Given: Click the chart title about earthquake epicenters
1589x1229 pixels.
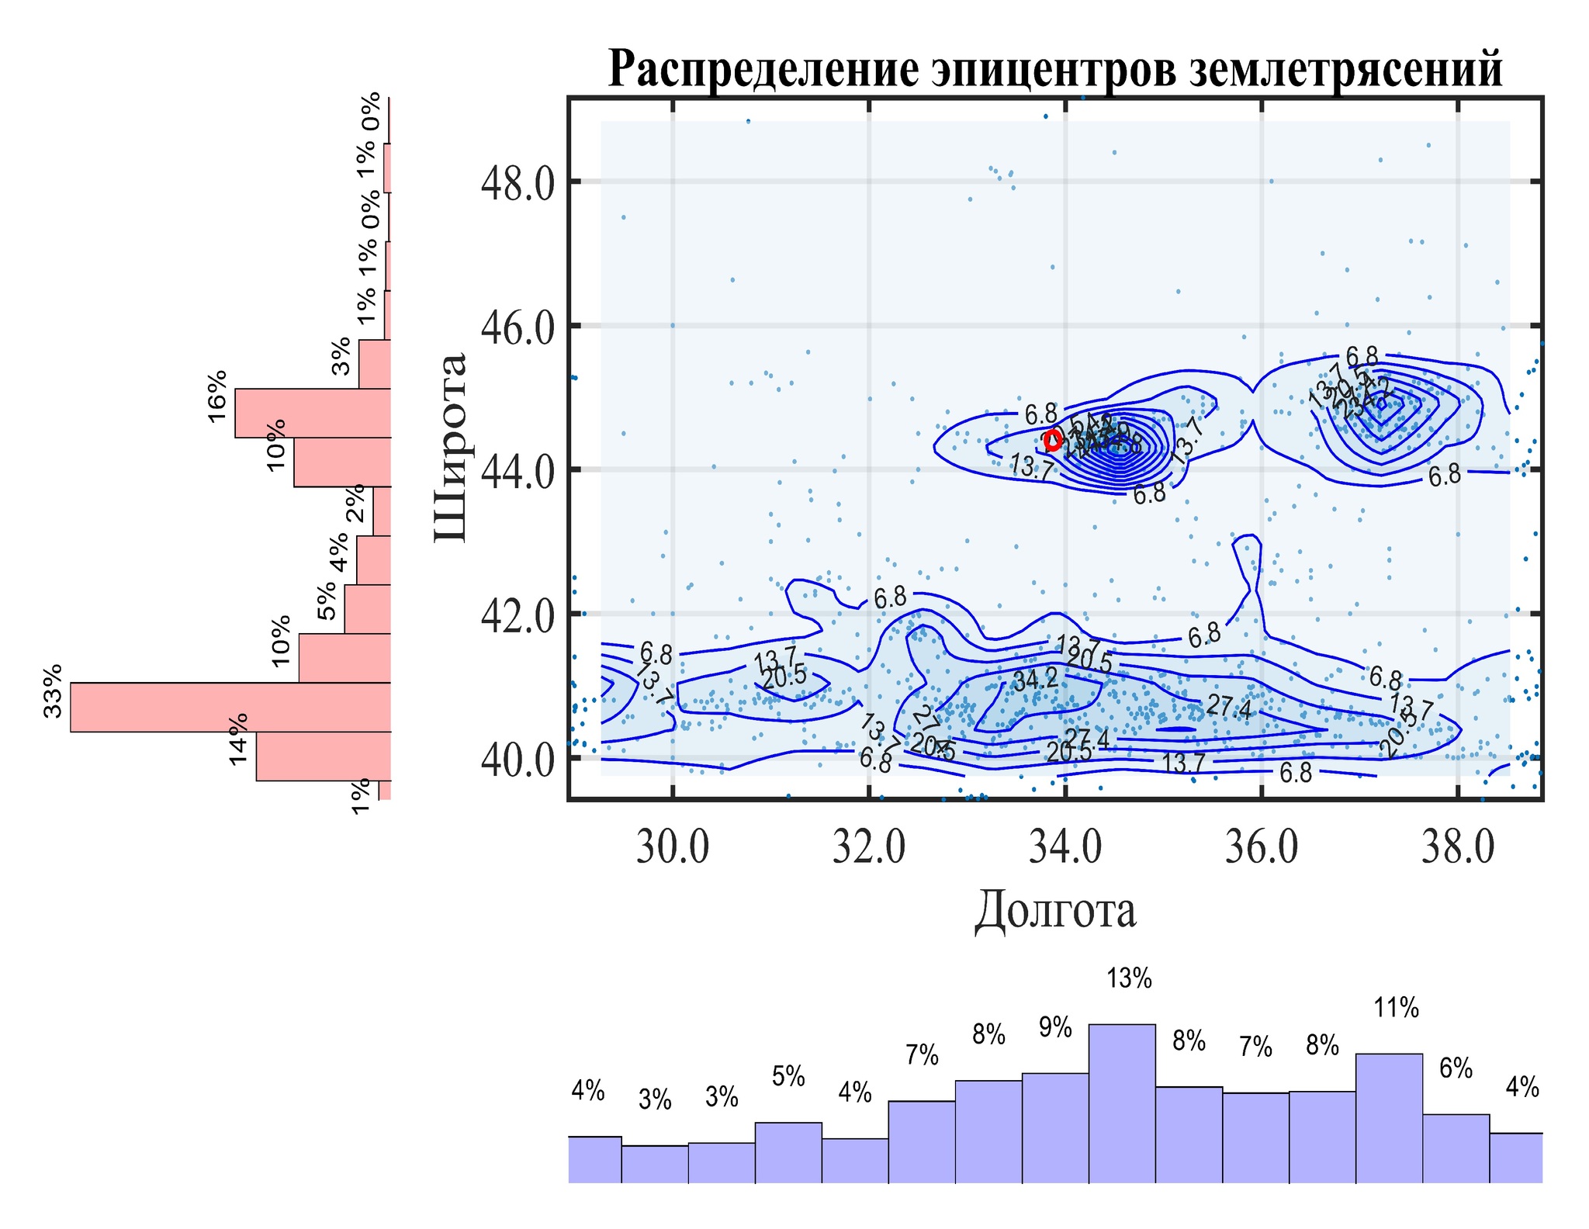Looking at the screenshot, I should click(1055, 70).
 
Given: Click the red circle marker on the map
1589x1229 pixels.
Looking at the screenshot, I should click(1053, 441).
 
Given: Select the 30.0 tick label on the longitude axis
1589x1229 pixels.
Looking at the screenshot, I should click(673, 847).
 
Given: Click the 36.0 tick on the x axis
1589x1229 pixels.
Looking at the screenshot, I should click(1262, 847).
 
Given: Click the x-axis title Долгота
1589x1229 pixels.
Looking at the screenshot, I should click(1055, 910).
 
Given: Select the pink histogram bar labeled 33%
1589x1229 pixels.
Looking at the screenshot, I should click(230, 707).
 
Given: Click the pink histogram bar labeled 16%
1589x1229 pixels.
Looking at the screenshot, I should click(313, 413).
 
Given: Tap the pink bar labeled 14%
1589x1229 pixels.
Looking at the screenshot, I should click(324, 756).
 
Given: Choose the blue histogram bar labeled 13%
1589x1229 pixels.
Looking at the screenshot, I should click(1122, 1103).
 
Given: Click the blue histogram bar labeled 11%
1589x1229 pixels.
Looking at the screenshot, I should click(1389, 1118).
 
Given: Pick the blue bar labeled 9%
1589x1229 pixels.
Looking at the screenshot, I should click(1055, 1127).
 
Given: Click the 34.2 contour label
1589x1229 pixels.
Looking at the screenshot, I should click(1035, 680).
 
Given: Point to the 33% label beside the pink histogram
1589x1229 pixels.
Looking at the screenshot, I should click(53, 691).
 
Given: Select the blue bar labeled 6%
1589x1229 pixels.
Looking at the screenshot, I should click(1456, 1148).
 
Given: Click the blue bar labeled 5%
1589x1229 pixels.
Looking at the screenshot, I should click(788, 1152).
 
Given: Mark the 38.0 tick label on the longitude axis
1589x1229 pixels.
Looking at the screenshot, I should click(1458, 847).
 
